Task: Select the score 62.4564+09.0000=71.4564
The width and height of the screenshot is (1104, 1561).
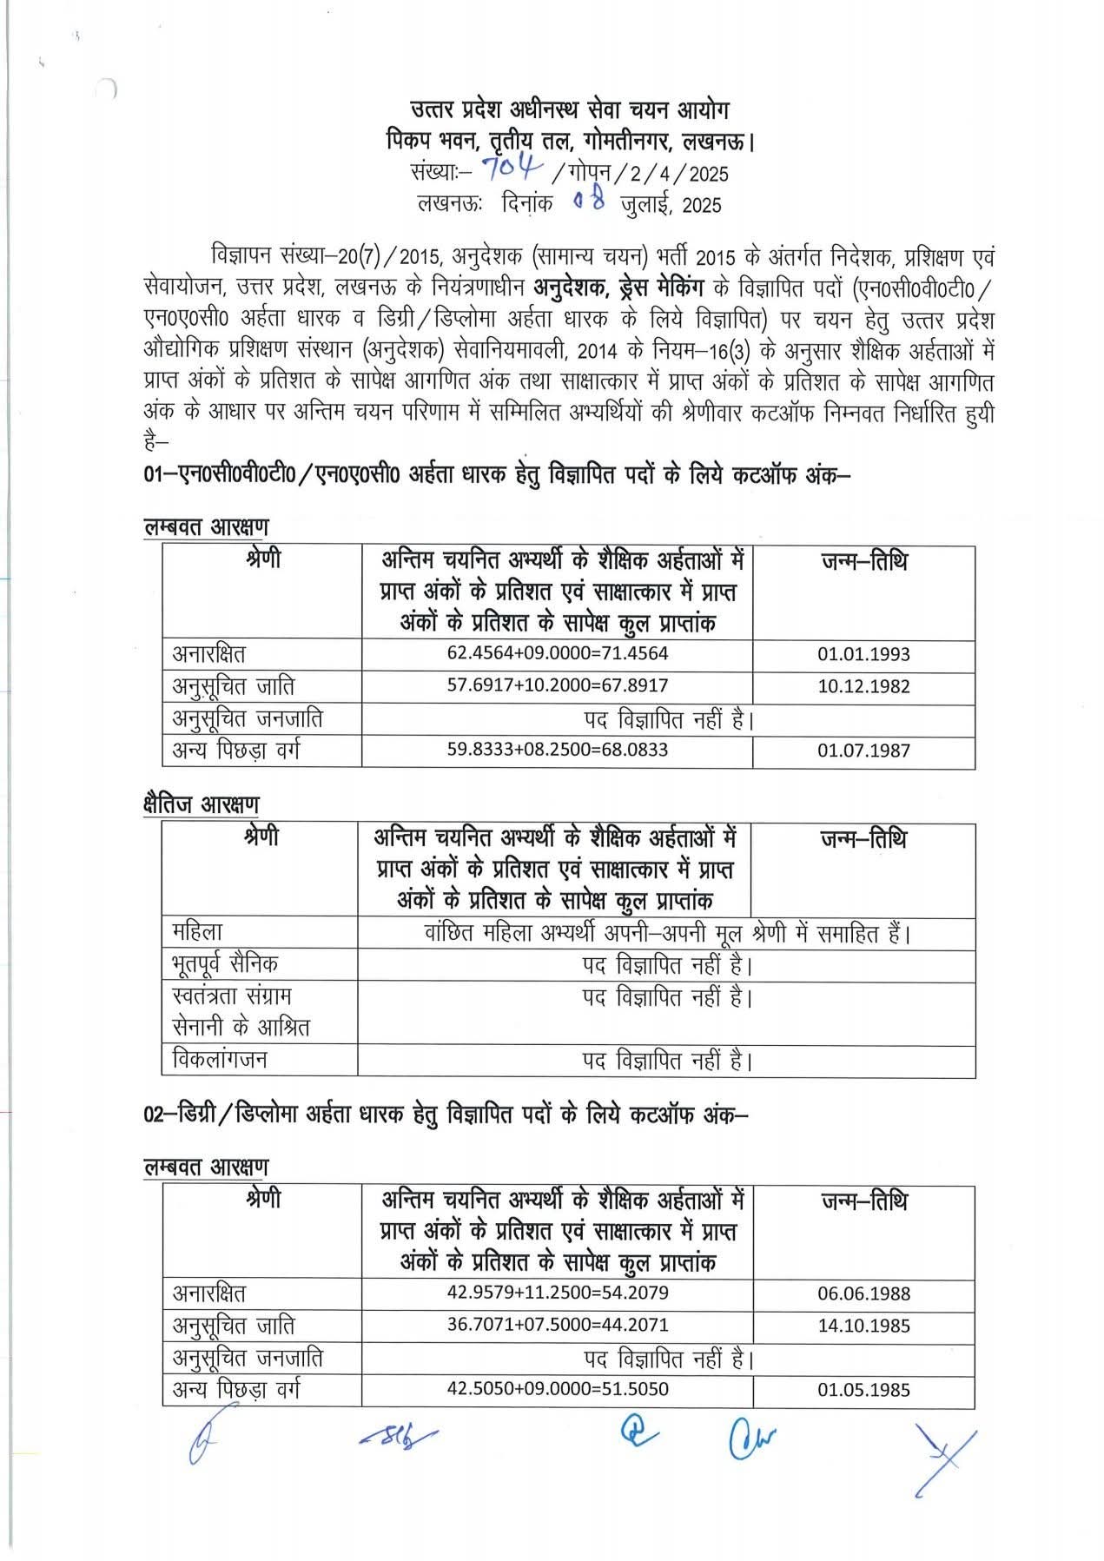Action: [x=558, y=653]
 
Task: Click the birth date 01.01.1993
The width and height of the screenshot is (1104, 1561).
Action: [x=863, y=654]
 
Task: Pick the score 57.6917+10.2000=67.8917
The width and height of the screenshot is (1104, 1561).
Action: [x=558, y=685]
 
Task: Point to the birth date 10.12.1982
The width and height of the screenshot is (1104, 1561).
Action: [x=863, y=686]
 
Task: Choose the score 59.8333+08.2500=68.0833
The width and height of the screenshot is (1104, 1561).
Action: [x=558, y=750]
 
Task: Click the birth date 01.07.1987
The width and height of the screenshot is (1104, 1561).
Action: [x=863, y=751]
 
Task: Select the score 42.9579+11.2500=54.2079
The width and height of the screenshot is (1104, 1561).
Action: [x=558, y=1293]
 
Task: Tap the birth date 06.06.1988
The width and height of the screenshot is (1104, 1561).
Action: [x=863, y=1293]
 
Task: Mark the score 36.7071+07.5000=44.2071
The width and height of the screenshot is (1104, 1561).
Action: [x=558, y=1325]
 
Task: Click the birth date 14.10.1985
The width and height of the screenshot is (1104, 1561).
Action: [x=863, y=1326]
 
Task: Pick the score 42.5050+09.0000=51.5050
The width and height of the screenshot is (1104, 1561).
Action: [x=558, y=1389]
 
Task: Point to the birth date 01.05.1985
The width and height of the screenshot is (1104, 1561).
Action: [x=863, y=1390]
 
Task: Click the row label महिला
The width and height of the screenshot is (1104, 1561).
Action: [x=197, y=932]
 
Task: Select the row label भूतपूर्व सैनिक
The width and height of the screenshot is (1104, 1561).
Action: [x=225, y=964]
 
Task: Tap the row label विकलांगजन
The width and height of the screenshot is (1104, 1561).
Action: [x=220, y=1060]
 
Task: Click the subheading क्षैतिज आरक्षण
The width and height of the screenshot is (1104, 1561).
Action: [x=201, y=804]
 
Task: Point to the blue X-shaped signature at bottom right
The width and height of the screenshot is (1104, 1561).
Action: [x=944, y=1458]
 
